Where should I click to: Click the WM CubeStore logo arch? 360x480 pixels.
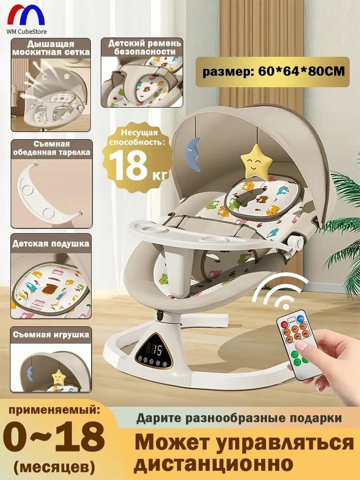(26, 14)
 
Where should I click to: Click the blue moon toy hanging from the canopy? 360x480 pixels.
(194, 153)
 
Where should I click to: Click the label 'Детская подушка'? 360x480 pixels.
(51, 243)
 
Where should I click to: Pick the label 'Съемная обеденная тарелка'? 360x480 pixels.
(51, 148)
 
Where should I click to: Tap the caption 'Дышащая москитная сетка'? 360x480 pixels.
(51, 47)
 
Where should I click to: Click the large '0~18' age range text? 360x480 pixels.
(53, 436)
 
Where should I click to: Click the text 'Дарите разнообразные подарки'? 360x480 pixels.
(239, 418)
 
